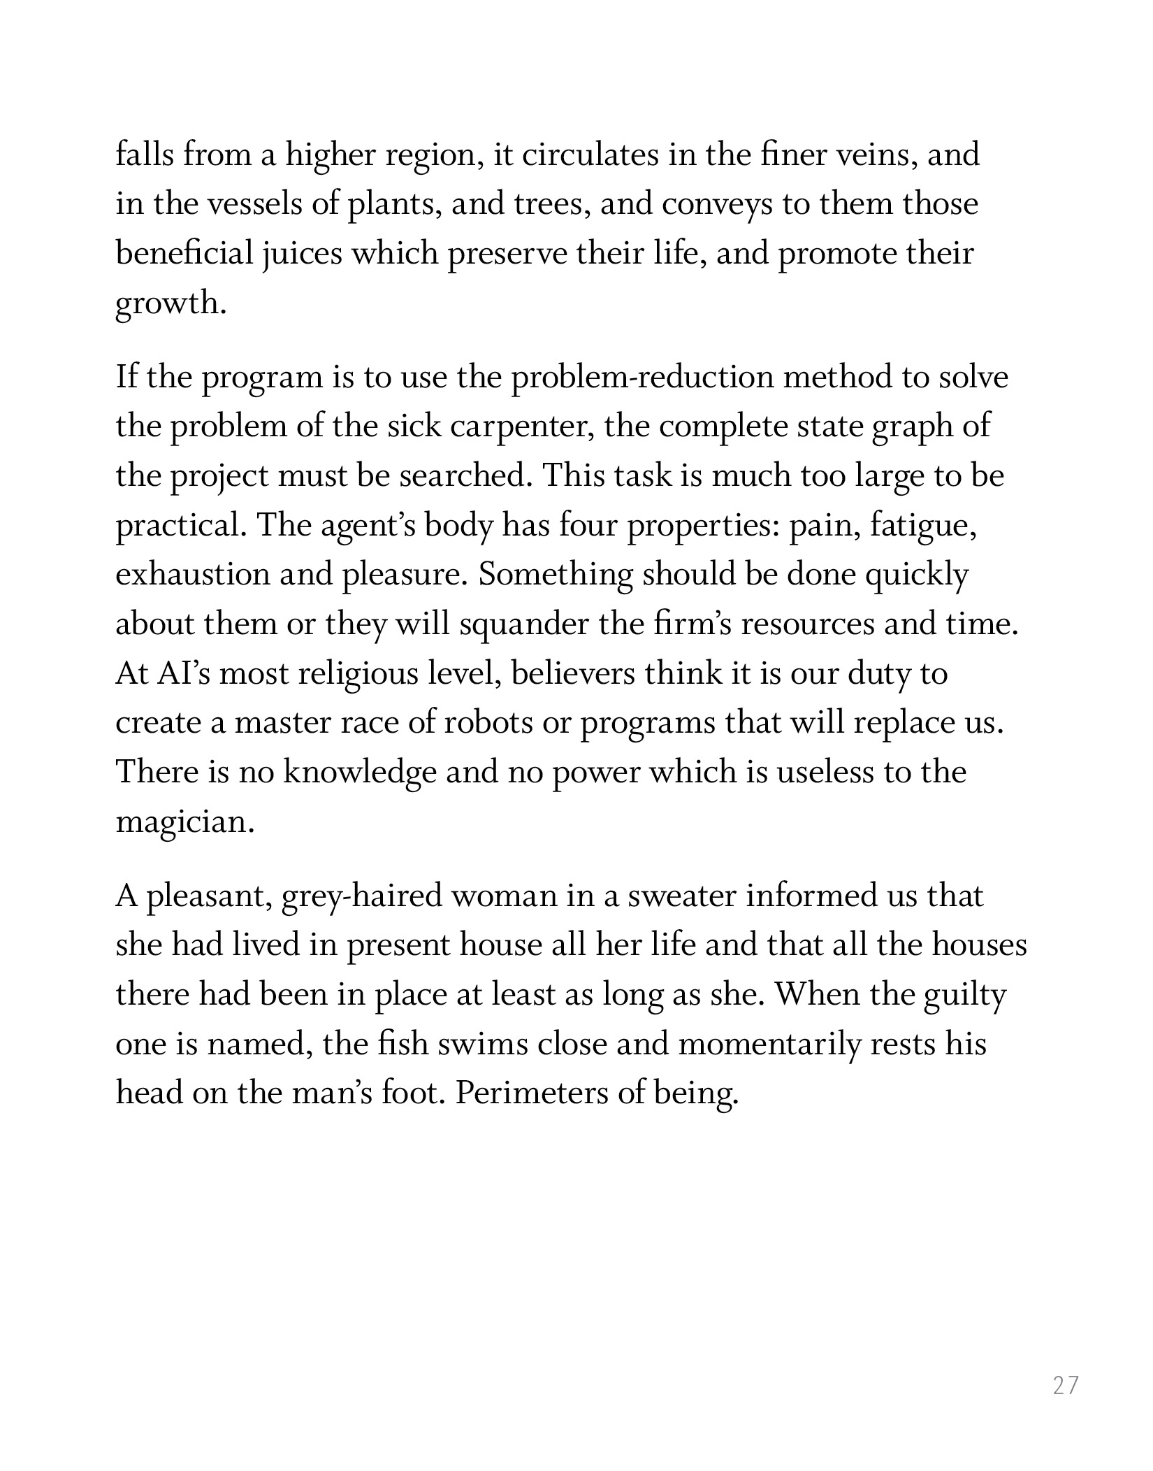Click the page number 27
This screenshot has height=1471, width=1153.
pyautogui.click(x=1066, y=1385)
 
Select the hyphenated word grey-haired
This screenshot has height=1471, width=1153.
pyautogui.click(x=361, y=896)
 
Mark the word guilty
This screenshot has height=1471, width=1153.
pyautogui.click(x=964, y=995)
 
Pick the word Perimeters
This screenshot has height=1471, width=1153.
pyautogui.click(x=531, y=1093)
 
